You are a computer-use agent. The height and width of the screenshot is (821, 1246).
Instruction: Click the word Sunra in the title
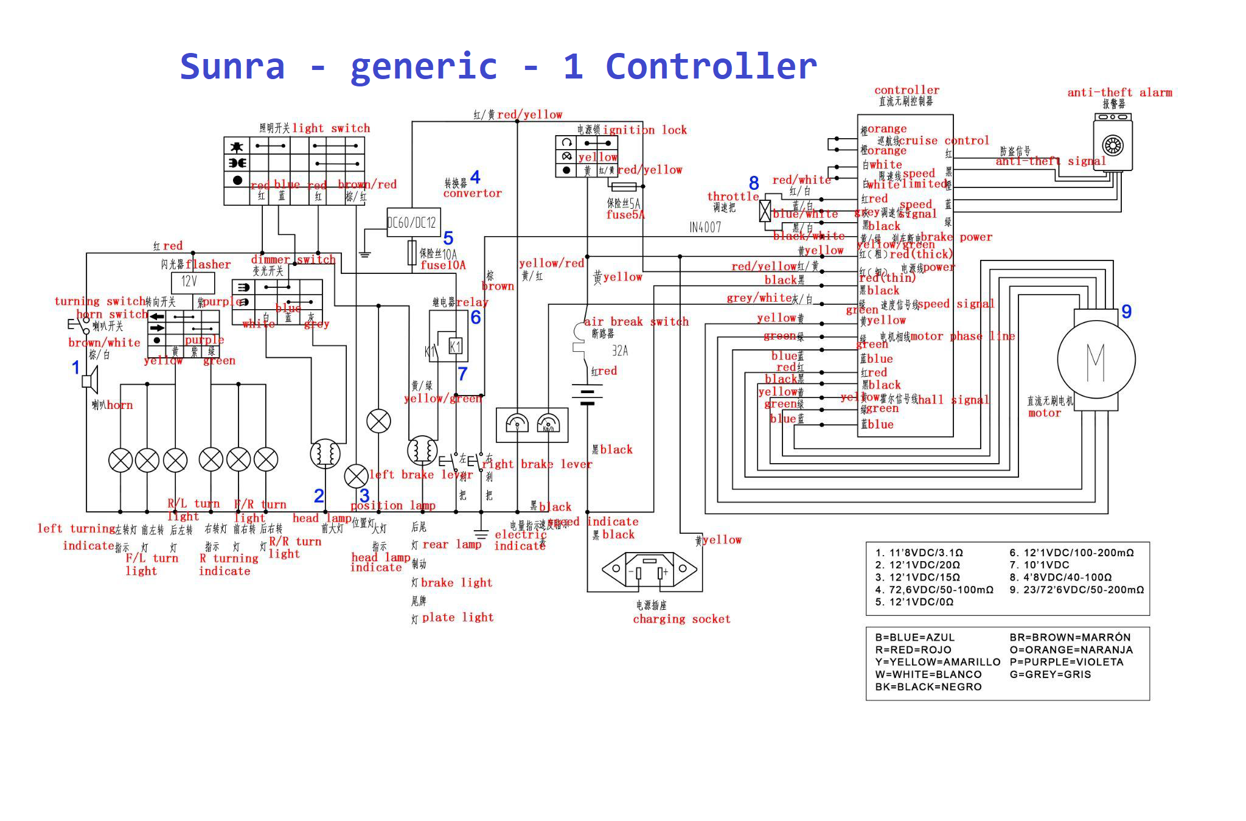[x=232, y=66]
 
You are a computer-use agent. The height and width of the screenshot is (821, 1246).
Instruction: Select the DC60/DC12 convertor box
[x=413, y=222]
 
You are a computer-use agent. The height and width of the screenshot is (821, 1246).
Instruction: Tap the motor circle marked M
[x=1096, y=360]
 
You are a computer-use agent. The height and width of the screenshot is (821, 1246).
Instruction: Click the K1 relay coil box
[x=455, y=347]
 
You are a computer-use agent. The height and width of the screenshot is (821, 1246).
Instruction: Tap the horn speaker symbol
[x=91, y=382]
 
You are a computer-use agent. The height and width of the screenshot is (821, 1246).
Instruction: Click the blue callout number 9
[x=1126, y=312]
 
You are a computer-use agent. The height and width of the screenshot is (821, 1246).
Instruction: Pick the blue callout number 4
[x=475, y=177]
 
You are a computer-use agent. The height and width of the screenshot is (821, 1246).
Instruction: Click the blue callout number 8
[x=754, y=183]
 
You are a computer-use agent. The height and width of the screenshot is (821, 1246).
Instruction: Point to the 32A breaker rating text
[x=620, y=351]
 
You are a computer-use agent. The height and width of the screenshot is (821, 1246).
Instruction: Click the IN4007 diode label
[x=705, y=228]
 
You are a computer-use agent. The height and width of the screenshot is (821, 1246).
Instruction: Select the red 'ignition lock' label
[x=644, y=130]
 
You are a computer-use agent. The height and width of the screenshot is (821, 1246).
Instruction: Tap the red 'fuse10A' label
[x=443, y=265]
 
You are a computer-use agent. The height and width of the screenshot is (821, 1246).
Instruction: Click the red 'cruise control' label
[x=944, y=141]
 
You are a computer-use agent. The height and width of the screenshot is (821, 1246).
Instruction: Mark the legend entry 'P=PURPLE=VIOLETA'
[x=1067, y=662]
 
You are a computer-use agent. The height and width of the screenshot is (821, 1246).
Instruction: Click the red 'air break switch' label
[x=636, y=322]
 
